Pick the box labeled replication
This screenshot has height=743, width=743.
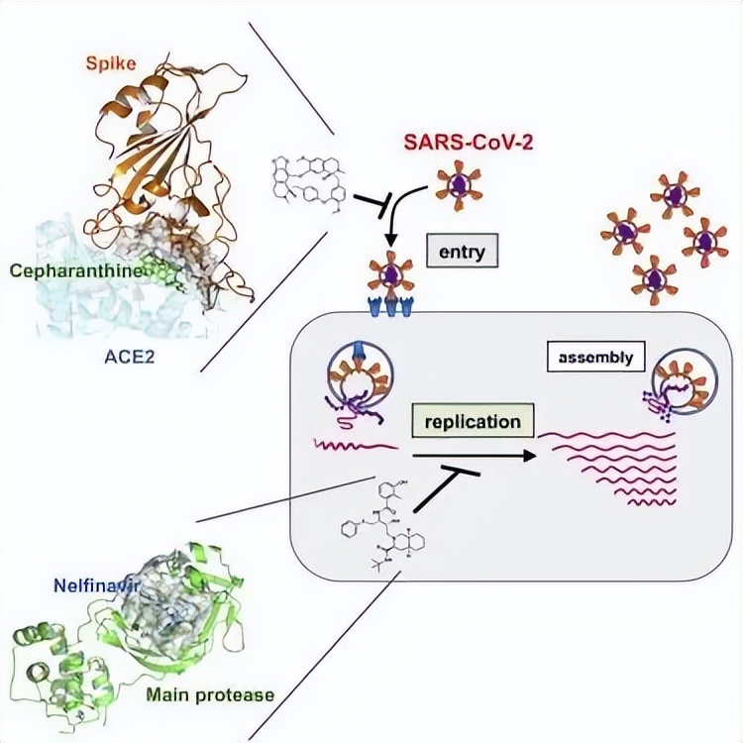(x=472, y=421)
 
